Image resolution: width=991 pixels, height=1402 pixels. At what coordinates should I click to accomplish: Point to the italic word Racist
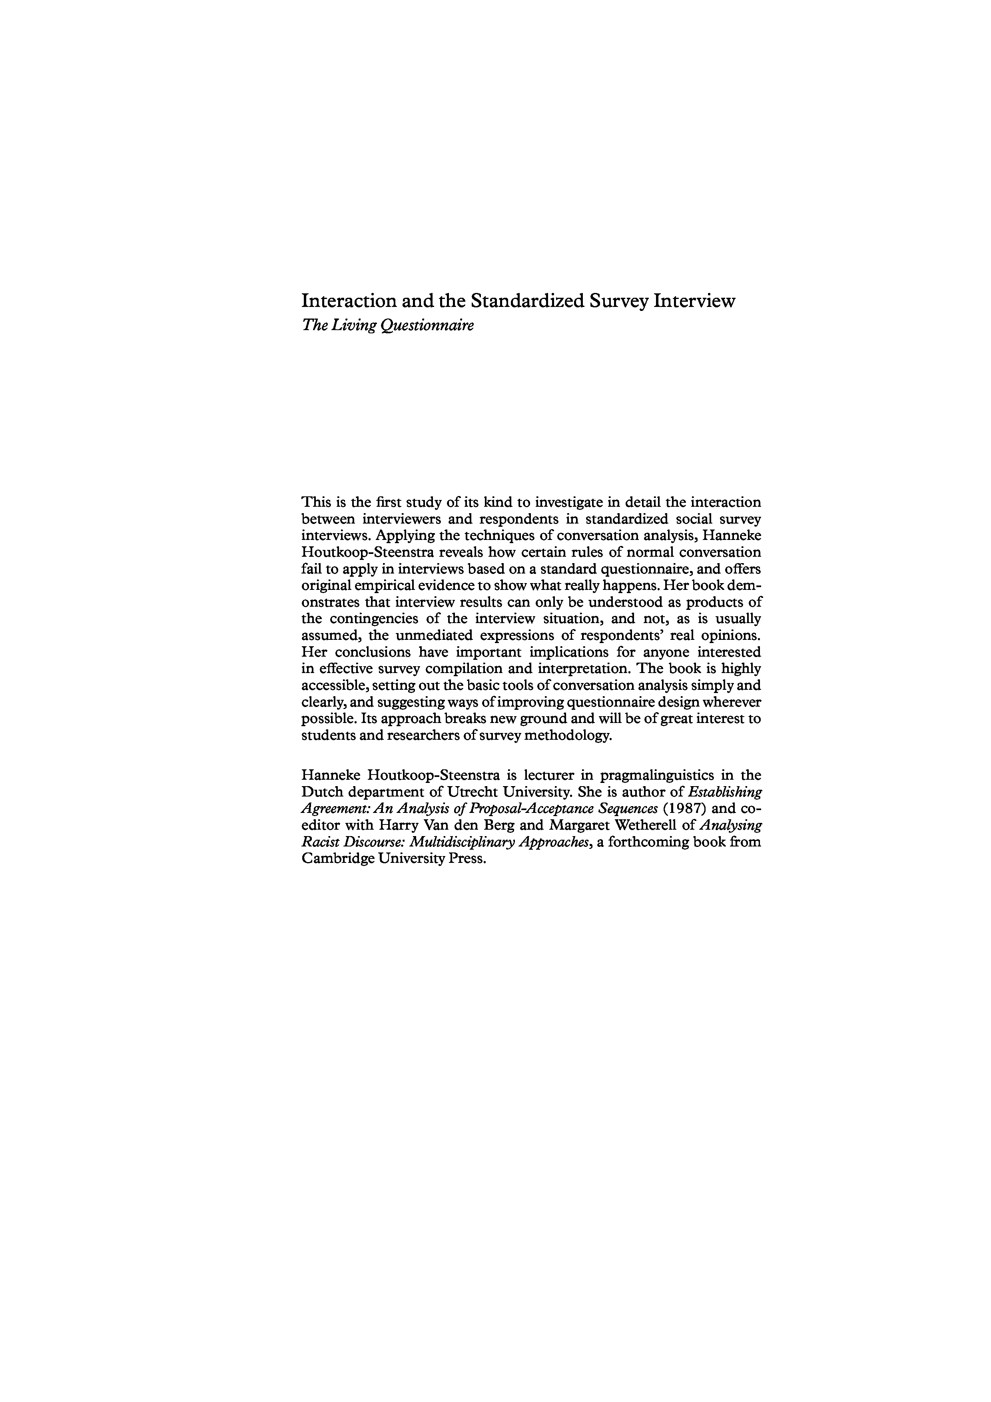[319, 842]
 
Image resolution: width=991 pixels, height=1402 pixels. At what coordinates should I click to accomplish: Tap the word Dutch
[320, 793]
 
